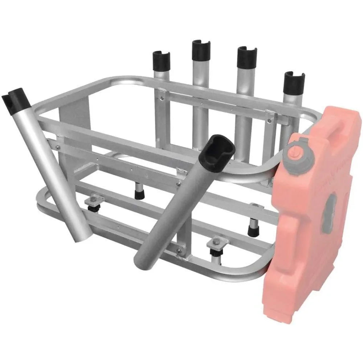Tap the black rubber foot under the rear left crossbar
pos(138,192)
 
